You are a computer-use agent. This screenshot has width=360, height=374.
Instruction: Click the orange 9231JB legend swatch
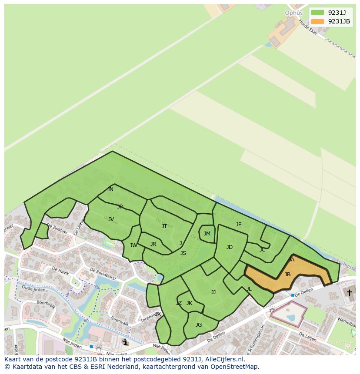(317, 21)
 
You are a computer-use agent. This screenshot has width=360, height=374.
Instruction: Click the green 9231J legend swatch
(317, 12)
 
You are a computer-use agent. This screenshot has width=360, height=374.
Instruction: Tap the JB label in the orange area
(287, 275)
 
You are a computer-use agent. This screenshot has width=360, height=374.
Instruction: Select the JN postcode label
(110, 189)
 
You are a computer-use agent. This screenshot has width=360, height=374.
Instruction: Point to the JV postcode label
(111, 219)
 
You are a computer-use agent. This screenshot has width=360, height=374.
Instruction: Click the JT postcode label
(164, 226)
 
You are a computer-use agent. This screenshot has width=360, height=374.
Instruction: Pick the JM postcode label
(207, 234)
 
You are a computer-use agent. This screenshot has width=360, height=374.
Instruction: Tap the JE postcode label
(239, 225)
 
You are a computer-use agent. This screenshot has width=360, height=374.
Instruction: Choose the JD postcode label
(230, 247)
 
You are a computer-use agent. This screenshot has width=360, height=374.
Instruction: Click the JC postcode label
(262, 250)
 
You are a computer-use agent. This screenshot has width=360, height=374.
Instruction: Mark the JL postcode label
(249, 289)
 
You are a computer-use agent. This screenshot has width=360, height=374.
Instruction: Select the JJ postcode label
(213, 292)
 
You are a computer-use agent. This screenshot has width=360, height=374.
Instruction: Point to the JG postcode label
(199, 325)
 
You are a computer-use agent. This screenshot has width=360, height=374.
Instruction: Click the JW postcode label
(133, 245)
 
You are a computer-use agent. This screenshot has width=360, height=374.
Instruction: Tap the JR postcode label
(153, 244)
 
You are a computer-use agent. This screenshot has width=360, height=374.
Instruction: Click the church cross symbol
(349, 293)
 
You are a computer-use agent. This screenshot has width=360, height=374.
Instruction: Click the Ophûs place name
(293, 13)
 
